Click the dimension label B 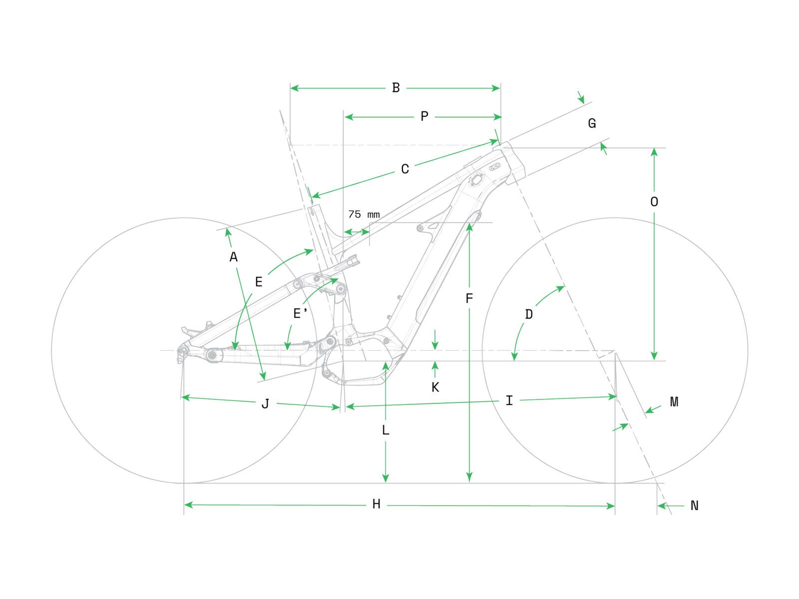[396, 88]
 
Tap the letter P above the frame [424, 117]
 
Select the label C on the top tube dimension [405, 170]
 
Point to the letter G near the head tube [592, 123]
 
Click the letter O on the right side [654, 202]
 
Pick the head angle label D [529, 314]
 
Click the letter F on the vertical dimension [469, 299]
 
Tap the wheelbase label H [377, 505]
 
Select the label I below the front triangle [509, 401]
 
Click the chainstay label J [265, 404]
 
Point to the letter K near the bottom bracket [435, 387]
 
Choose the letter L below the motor [386, 430]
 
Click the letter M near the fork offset [674, 402]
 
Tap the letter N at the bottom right [694, 506]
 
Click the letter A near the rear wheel [233, 258]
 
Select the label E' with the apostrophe [300, 313]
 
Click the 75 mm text [364, 215]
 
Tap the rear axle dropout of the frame [183, 350]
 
